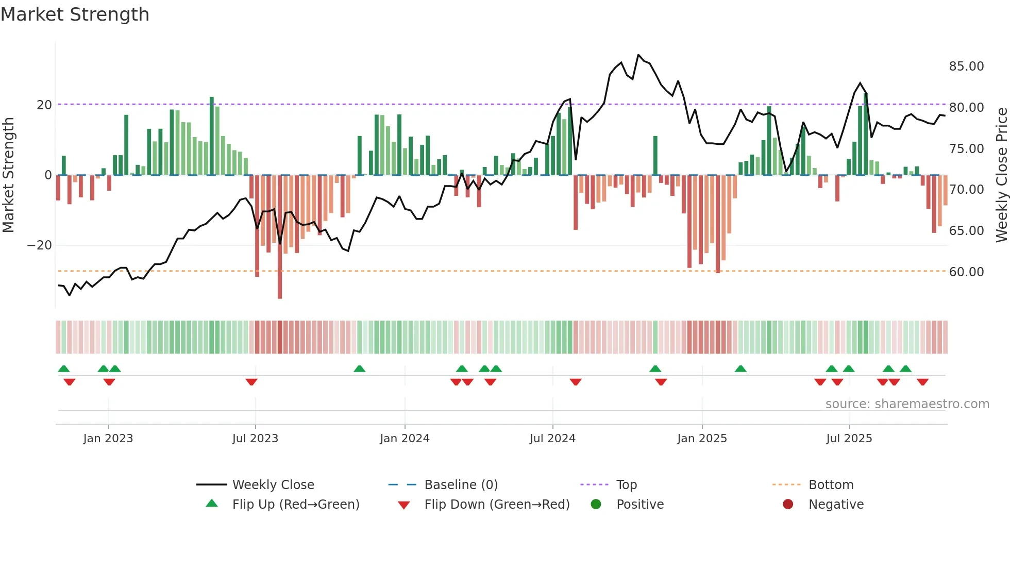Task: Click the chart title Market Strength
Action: pyautogui.click(x=75, y=14)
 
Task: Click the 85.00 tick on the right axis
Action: pyautogui.click(x=966, y=66)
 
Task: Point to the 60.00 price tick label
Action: pyautogui.click(x=966, y=272)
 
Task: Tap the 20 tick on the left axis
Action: pyautogui.click(x=44, y=105)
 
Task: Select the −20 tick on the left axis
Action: pyautogui.click(x=40, y=245)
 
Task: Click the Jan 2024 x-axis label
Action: pyautogui.click(x=405, y=439)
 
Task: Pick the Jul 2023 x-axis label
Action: pyautogui.click(x=255, y=439)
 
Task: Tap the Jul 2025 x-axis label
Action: pyautogui.click(x=849, y=439)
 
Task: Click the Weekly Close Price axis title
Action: pyautogui.click(x=1001, y=175)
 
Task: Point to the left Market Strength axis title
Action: pyautogui.click(x=8, y=175)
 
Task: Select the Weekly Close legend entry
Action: pyautogui.click(x=273, y=485)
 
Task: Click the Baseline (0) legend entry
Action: pyautogui.click(x=461, y=485)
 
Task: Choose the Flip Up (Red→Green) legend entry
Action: pyautogui.click(x=295, y=505)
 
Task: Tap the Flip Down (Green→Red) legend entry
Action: pyautogui.click(x=497, y=505)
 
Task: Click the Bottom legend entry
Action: pyautogui.click(x=831, y=485)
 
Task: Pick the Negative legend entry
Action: pyautogui.click(x=836, y=505)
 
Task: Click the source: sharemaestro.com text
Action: pyautogui.click(x=907, y=404)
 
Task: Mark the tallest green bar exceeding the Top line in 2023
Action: pyautogui.click(x=212, y=135)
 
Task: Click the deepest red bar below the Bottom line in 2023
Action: pyautogui.click(x=280, y=237)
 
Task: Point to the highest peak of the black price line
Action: pyautogui.click(x=638, y=55)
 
